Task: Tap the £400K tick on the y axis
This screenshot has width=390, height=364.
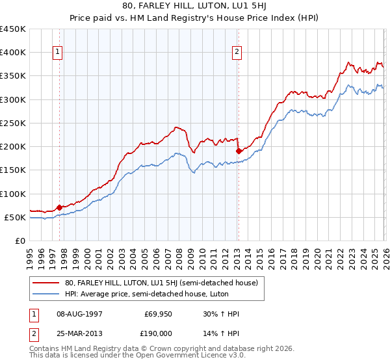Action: pos(13,53)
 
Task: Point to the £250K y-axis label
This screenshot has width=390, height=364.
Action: pos(13,123)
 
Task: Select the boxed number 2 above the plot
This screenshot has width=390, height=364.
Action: pos(237,53)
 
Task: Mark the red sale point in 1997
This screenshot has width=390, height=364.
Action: pos(59,207)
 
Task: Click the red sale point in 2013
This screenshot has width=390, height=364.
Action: pos(239,151)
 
